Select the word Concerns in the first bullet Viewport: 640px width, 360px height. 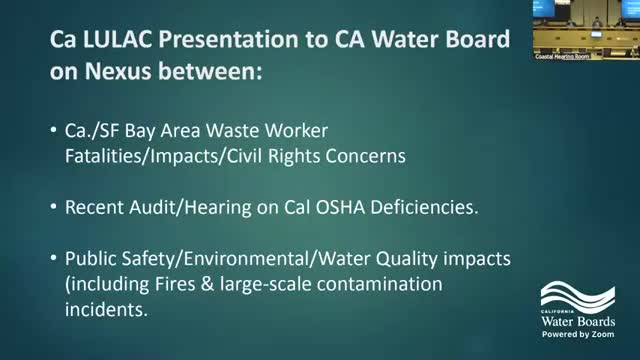[342, 156]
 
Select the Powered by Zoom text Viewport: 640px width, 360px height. [585, 336]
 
